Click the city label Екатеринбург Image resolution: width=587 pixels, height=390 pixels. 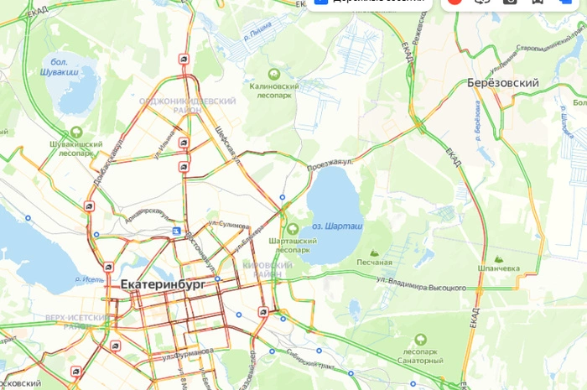[x=163, y=284]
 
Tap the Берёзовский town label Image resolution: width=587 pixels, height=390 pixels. [x=501, y=83]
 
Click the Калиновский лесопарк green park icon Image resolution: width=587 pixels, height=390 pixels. [x=273, y=74]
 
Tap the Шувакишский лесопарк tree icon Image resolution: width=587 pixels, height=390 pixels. [x=76, y=132]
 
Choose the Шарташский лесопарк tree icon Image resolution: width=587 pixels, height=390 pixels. [x=293, y=229]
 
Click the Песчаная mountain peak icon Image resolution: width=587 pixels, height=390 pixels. [x=374, y=252]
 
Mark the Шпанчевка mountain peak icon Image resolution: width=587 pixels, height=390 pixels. [x=500, y=259]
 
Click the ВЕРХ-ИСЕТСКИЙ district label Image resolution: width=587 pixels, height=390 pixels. [x=77, y=319]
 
